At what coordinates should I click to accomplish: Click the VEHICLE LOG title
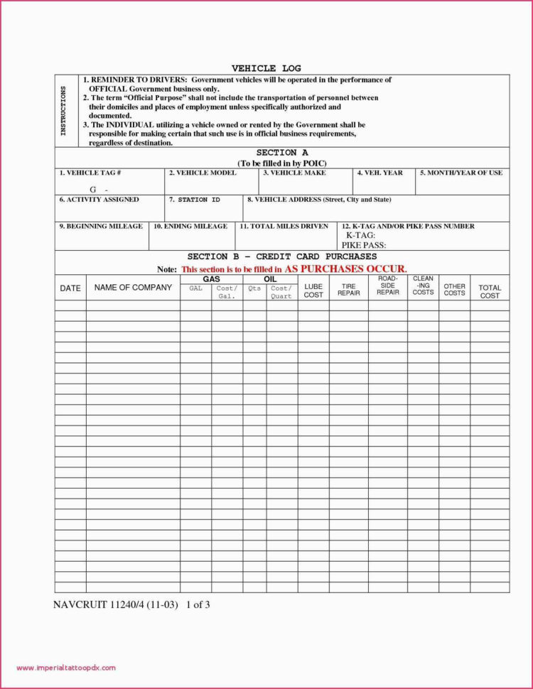tap(266, 68)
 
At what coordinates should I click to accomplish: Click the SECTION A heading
tap(281, 153)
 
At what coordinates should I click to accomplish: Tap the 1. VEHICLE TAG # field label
tap(90, 173)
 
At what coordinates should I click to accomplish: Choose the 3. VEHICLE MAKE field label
tap(294, 173)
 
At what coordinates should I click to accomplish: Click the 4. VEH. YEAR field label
tap(379, 173)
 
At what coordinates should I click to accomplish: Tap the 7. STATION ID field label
tap(194, 200)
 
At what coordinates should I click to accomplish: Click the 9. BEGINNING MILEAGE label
tap(100, 226)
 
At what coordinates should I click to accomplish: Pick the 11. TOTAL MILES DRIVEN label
tap(284, 226)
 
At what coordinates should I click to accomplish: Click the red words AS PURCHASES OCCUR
tap(345, 269)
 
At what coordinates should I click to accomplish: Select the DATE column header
tap(70, 288)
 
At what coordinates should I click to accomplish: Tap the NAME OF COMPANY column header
tap(133, 288)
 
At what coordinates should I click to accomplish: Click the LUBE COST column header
tap(313, 291)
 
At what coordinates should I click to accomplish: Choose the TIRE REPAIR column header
tap(348, 290)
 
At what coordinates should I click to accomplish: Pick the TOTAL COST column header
tap(490, 292)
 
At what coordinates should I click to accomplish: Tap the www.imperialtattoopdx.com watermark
tap(65, 668)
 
